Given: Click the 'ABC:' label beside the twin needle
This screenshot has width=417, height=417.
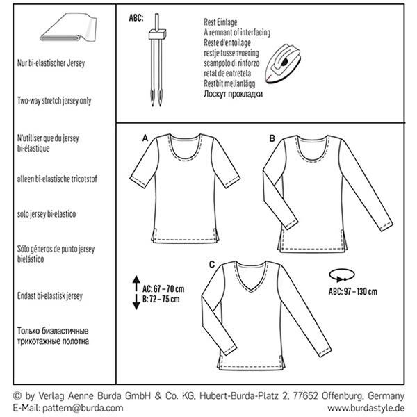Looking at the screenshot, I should coord(136,18).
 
